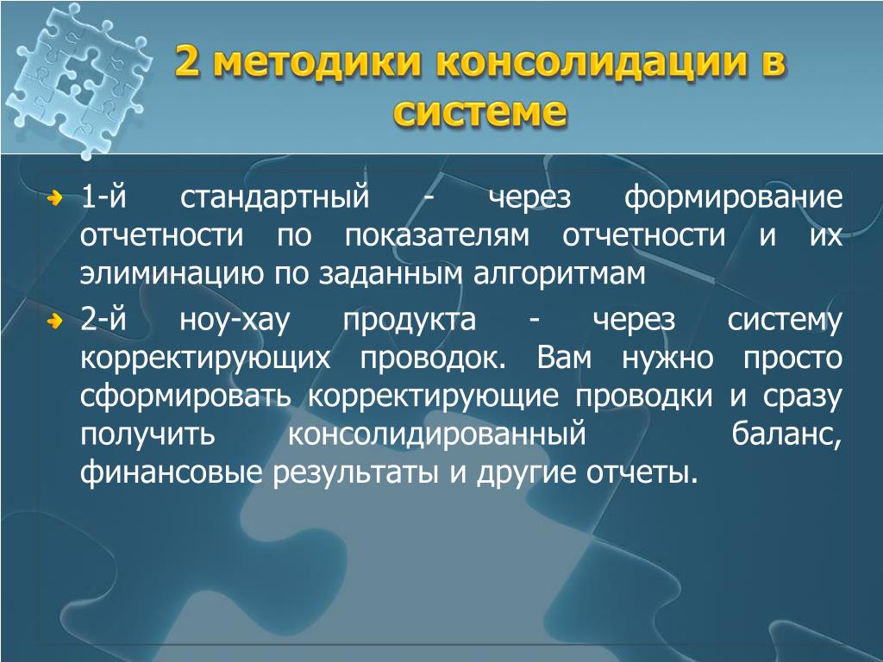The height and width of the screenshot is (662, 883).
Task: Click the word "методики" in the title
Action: [317, 61]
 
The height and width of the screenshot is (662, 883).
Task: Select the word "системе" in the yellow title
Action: [479, 111]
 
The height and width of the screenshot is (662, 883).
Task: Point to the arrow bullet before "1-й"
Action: [54, 198]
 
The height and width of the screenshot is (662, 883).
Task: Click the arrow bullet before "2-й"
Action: [54, 322]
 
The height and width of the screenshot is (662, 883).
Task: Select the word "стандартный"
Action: [275, 198]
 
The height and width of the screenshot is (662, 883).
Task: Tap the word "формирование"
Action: [733, 198]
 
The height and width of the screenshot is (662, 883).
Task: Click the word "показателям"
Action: [437, 236]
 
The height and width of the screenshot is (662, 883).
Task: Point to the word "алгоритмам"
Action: [559, 274]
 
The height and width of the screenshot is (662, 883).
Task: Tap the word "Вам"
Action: [564, 358]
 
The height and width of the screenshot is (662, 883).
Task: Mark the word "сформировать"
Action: [186, 397]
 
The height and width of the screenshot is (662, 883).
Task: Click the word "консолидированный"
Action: [437, 434]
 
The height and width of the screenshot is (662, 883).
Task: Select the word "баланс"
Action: [786, 434]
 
